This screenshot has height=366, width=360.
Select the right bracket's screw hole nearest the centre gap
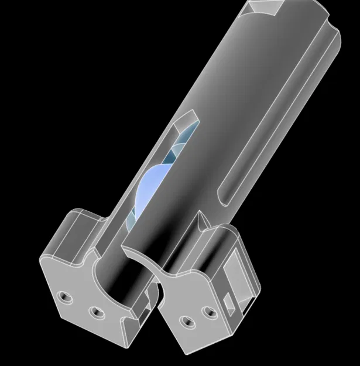[187, 321]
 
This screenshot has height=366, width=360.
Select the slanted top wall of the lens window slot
[186, 121]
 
